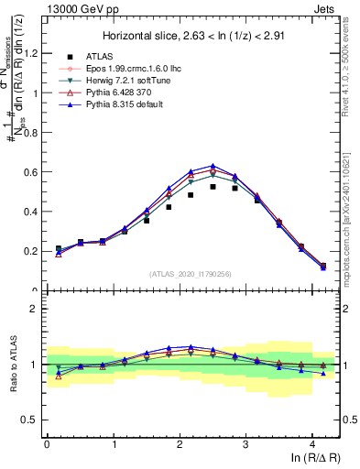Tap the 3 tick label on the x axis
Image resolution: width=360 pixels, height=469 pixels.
pyautogui.click(x=246, y=444)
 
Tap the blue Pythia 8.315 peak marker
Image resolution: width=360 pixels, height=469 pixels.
pyautogui.click(x=213, y=166)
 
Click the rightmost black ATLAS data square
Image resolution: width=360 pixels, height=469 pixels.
pyautogui.click(x=323, y=267)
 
